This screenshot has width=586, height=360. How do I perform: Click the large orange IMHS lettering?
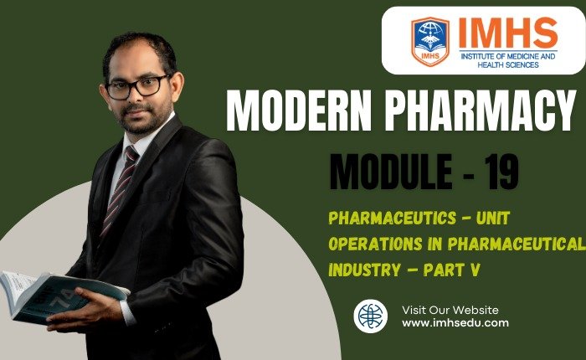tap(507, 32)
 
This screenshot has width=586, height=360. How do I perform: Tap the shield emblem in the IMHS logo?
tap(429, 42)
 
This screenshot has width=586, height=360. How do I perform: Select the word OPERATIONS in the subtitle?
tap(369, 244)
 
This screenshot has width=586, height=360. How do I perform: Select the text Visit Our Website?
tap(450, 309)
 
